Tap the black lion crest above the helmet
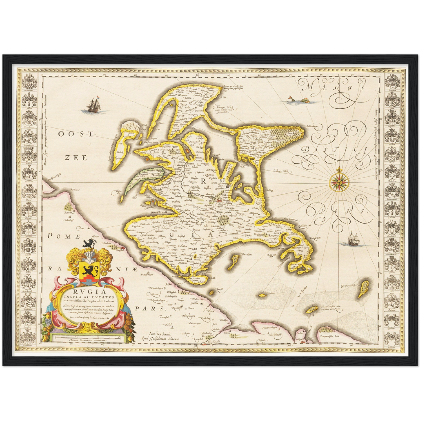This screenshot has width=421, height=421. [89, 243]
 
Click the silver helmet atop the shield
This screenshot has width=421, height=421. [89, 256]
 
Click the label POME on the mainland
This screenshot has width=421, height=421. [59, 236]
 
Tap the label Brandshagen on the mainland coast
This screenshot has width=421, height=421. [147, 275]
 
